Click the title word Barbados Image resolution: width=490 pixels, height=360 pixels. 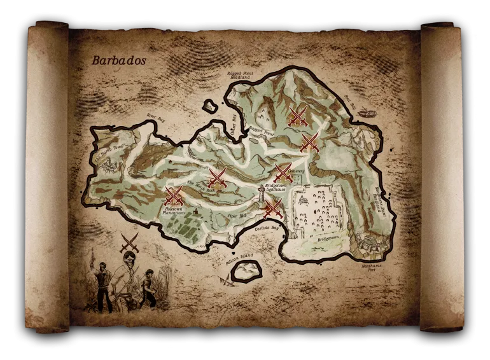click(119, 61)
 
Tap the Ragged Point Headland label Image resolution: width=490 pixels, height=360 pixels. click(240, 76)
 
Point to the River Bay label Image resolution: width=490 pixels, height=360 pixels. click(155, 116)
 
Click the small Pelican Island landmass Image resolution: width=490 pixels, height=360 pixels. click(246, 271)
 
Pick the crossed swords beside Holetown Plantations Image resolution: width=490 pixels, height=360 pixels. click(174, 195)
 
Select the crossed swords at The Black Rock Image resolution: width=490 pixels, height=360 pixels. click(217, 177)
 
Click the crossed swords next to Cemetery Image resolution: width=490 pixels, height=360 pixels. click(283, 172)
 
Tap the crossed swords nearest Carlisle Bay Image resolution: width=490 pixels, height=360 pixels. click(273, 207)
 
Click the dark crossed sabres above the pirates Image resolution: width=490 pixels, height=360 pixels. click(129, 241)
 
